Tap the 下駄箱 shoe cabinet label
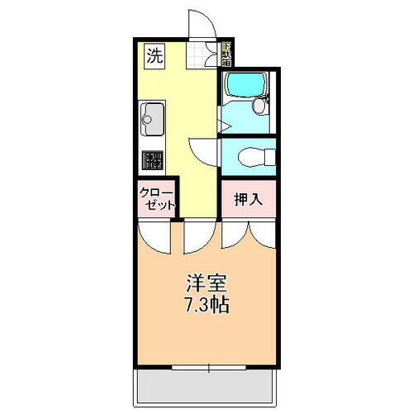[226, 55]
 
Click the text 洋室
[202, 282]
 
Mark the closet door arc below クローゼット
[153, 235]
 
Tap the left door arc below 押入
[235, 235]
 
